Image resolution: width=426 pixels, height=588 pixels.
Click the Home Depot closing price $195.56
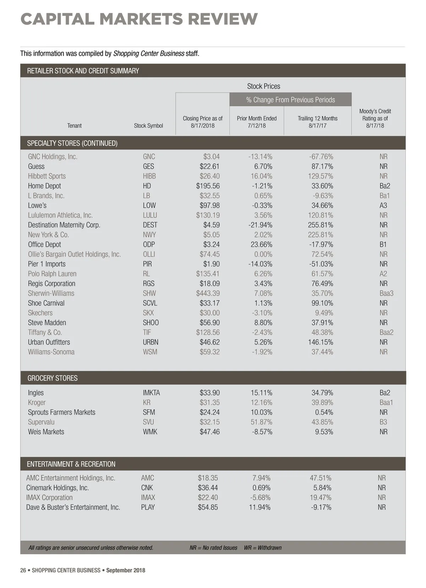tap(208, 186)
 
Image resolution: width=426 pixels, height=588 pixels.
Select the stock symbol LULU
tap(150, 215)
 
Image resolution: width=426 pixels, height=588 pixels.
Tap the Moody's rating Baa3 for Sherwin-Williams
tap(386, 293)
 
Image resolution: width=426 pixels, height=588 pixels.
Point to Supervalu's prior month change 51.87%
tap(261, 422)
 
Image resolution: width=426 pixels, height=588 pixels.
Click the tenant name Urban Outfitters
tap(49, 342)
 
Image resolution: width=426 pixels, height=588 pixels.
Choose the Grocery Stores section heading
tap(53, 378)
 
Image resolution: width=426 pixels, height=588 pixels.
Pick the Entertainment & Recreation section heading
tap(71, 464)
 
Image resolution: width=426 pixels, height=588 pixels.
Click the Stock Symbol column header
tap(148, 126)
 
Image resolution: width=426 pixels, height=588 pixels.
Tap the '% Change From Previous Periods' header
tap(290, 100)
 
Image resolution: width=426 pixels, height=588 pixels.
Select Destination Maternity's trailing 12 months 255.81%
tap(320, 225)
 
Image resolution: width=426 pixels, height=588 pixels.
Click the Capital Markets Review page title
tap(139, 19)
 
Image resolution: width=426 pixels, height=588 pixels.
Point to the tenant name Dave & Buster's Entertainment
tap(73, 507)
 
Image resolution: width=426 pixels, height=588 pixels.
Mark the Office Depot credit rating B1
tap(383, 244)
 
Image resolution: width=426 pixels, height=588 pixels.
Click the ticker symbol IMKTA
tap(151, 393)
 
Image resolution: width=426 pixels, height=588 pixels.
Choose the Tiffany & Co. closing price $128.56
tap(208, 333)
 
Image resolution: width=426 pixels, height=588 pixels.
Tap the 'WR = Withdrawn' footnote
tap(263, 548)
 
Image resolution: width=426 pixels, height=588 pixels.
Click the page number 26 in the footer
tap(23, 571)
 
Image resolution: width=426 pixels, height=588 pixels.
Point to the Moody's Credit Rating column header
tap(375, 118)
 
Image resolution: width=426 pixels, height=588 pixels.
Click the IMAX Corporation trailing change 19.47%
tap(320, 498)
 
